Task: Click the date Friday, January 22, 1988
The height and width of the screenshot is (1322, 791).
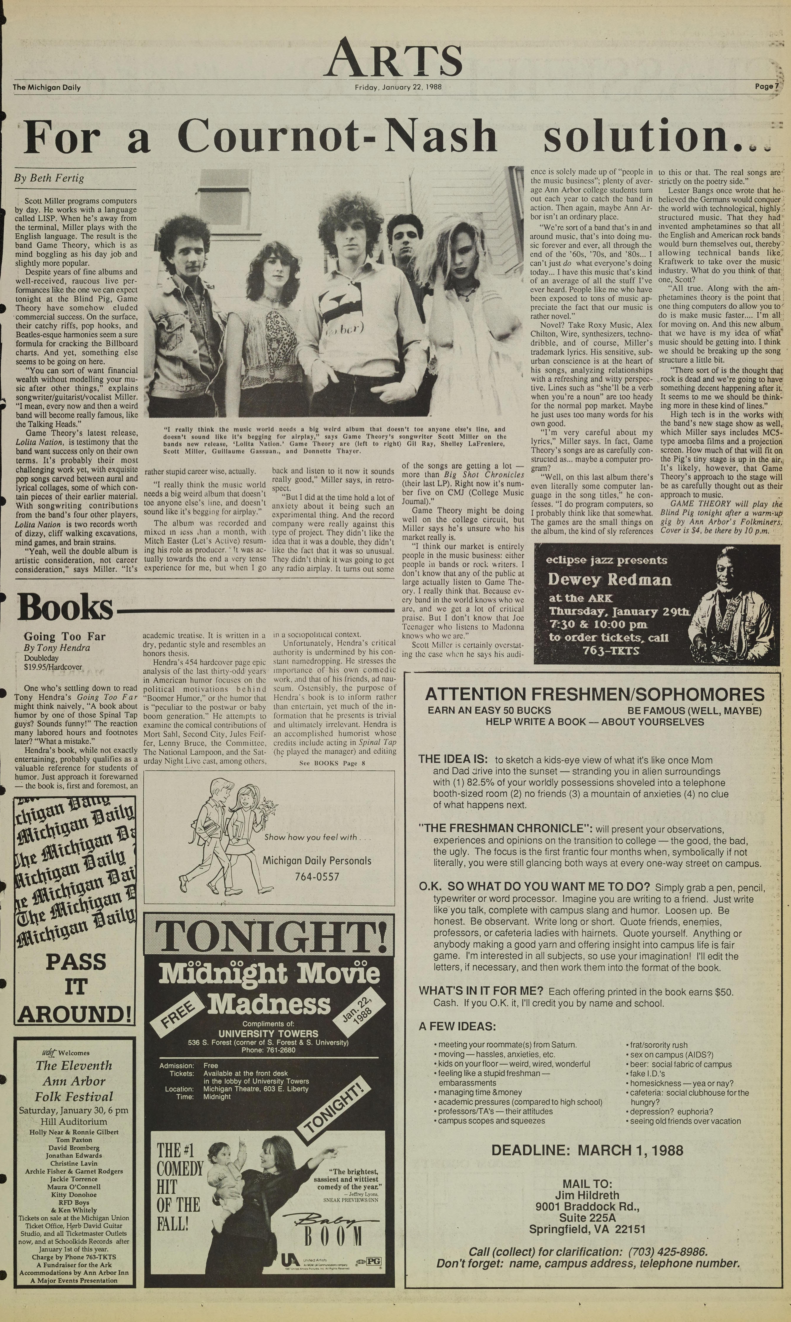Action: point(398,87)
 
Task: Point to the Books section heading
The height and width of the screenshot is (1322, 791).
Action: point(65,607)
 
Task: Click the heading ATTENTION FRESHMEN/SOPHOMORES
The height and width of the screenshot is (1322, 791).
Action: point(594,694)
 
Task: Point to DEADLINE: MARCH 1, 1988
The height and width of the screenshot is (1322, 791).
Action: point(587,1150)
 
